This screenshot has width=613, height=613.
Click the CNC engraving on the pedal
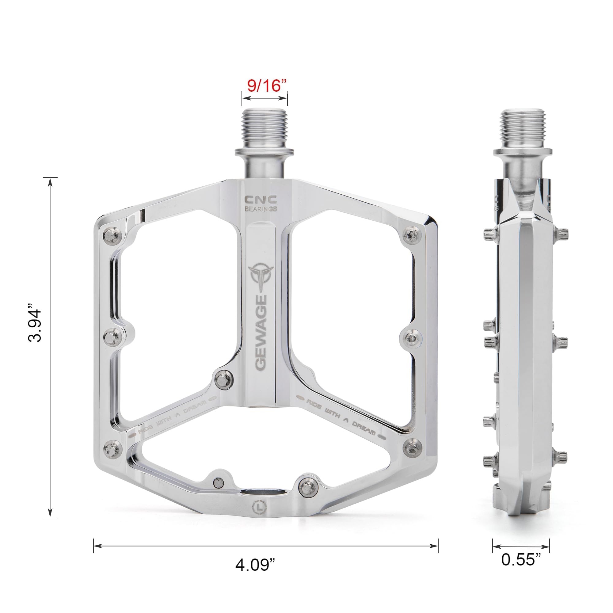260,199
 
